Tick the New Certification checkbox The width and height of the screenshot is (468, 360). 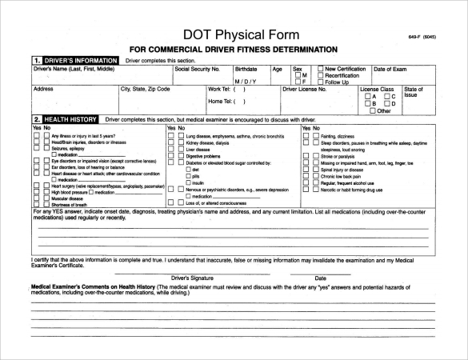[x=321, y=69]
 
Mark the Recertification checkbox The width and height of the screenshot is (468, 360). [x=321, y=75]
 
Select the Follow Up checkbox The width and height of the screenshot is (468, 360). [x=321, y=82]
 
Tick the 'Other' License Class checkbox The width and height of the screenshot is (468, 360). [x=371, y=111]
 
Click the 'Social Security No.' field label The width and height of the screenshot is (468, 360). [x=197, y=69]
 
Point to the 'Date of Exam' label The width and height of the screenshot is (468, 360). [x=391, y=69]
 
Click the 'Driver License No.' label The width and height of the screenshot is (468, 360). [x=305, y=90]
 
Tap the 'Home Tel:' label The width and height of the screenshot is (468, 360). [x=219, y=102]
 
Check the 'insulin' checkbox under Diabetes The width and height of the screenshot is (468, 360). [x=187, y=183]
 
